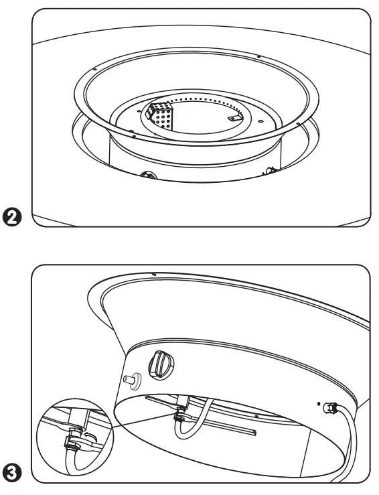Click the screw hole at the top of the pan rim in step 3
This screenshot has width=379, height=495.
pos(153,274)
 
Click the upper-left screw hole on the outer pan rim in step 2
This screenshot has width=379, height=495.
pos(96,67)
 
